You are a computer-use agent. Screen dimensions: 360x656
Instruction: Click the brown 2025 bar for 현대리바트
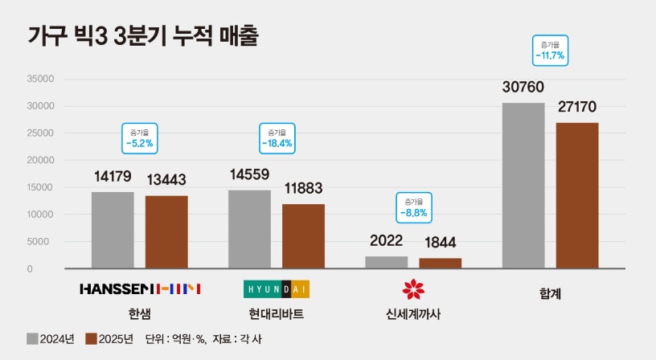(x=303, y=236)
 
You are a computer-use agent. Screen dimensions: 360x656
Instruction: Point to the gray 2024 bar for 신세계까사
(x=386, y=262)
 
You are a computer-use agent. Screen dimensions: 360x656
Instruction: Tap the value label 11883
(x=304, y=190)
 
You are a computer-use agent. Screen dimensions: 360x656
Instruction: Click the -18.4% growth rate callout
(x=277, y=138)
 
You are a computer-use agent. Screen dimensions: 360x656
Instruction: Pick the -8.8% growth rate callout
(x=412, y=208)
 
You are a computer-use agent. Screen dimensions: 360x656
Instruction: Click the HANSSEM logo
(x=140, y=288)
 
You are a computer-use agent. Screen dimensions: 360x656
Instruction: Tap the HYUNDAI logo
(x=276, y=288)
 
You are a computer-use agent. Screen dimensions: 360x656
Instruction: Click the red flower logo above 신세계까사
(x=412, y=288)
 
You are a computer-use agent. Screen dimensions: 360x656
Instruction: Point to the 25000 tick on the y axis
(x=41, y=133)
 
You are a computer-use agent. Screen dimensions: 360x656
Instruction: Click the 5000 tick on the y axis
(x=43, y=242)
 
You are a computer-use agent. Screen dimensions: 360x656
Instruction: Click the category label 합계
(x=550, y=294)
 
